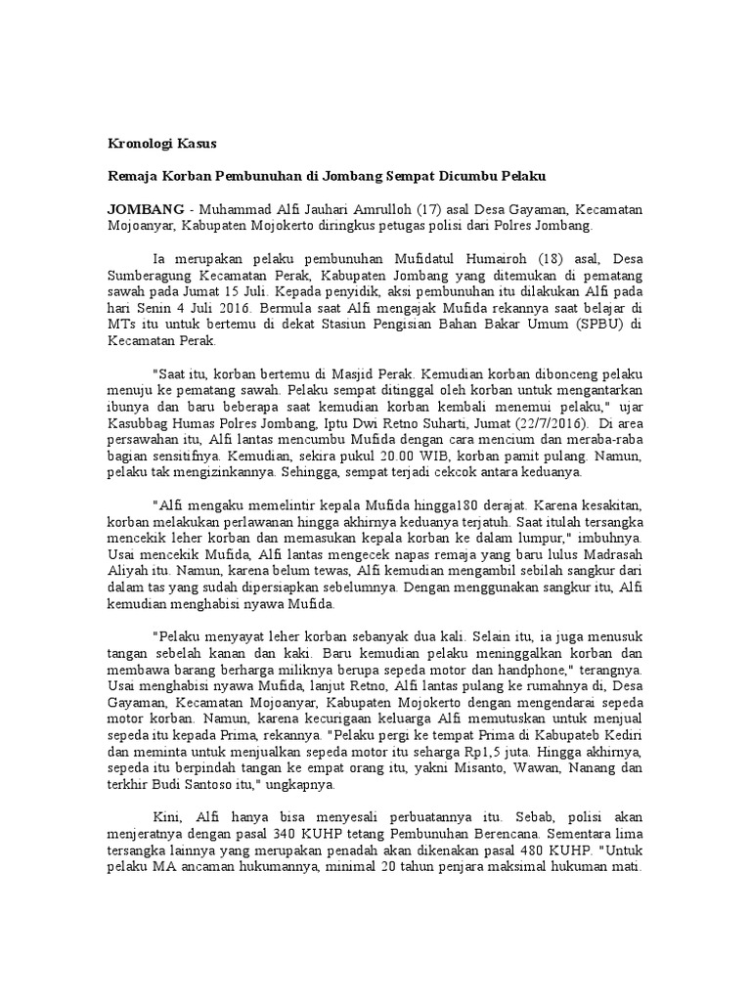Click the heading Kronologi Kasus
coord(161,143)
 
